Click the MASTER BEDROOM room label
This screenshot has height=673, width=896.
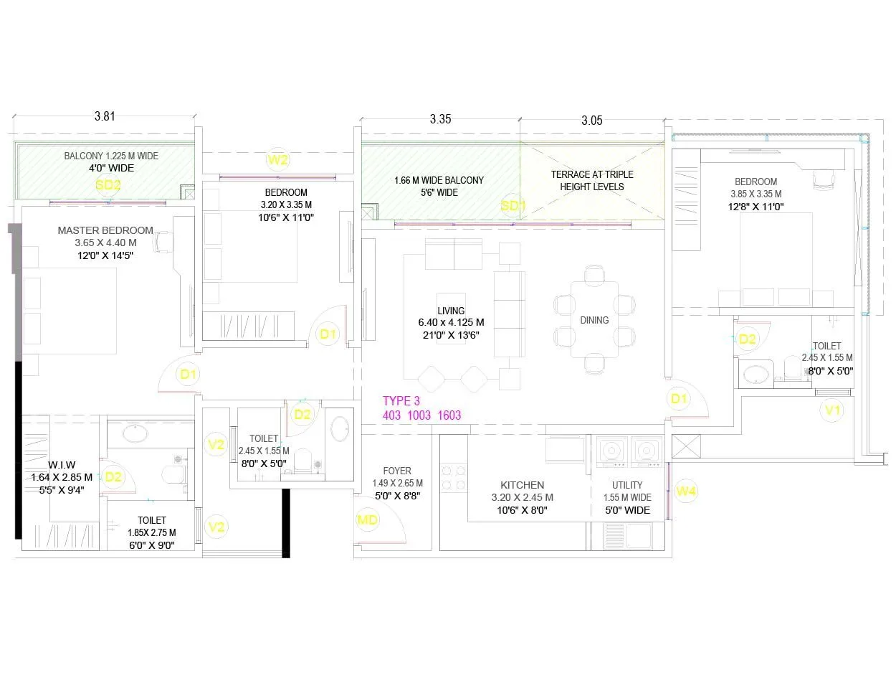point(105,230)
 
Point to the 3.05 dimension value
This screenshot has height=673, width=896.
point(591,121)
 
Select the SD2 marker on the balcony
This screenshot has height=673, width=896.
point(108,184)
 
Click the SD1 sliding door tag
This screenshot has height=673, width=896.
point(513,206)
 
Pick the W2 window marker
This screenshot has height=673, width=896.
point(277,159)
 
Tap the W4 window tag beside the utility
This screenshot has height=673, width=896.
point(686,491)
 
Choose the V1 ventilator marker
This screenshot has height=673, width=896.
point(831,410)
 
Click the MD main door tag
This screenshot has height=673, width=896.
point(368,520)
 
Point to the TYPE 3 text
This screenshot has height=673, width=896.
point(401,401)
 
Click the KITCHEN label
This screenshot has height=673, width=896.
point(522,486)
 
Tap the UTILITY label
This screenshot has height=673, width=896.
point(627,486)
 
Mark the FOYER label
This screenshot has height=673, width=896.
point(396,471)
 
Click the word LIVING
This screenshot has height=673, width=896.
point(451,311)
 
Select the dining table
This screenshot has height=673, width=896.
point(594,319)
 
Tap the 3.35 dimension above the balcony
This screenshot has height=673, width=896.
point(440,120)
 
